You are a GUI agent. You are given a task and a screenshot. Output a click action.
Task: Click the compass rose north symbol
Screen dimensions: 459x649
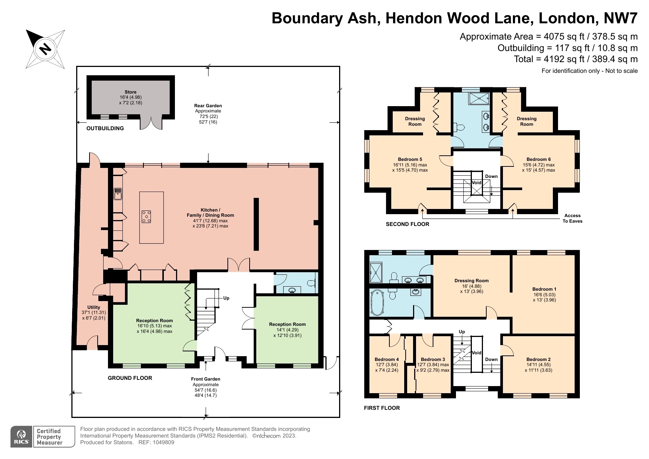[x=45, y=49]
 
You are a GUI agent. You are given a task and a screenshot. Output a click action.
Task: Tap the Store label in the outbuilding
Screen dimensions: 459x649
[x=130, y=92]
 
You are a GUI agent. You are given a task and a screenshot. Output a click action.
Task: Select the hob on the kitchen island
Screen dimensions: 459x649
[x=146, y=216]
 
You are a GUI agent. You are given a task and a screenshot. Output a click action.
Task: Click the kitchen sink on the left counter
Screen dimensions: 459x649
[x=118, y=194]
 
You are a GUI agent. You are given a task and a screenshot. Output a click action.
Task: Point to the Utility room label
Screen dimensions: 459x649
[x=94, y=307]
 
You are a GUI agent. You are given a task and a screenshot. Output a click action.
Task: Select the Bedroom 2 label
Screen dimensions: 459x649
[x=538, y=359]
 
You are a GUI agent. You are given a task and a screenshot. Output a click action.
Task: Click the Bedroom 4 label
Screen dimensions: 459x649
[x=386, y=359]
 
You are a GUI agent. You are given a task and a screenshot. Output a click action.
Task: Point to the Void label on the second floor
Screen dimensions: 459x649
[x=476, y=183]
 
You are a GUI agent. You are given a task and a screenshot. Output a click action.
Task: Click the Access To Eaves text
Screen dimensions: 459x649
[x=572, y=218]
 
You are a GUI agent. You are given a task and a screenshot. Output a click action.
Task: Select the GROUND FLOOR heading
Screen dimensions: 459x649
[x=130, y=378]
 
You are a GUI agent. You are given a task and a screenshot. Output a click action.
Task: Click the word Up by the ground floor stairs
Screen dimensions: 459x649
[x=226, y=298]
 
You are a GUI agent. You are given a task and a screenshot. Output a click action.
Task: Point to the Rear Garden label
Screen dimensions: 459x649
[x=208, y=106]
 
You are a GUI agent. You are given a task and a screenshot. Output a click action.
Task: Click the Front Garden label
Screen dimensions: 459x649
[x=206, y=379]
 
